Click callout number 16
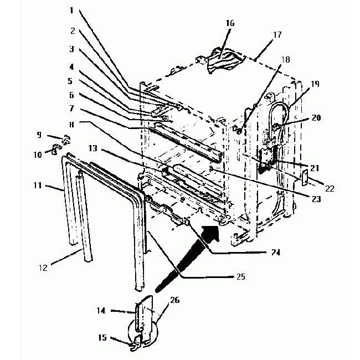(229, 23)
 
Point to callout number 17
(277, 34)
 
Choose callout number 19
(314, 84)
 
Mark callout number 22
(330, 189)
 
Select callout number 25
(240, 275)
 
